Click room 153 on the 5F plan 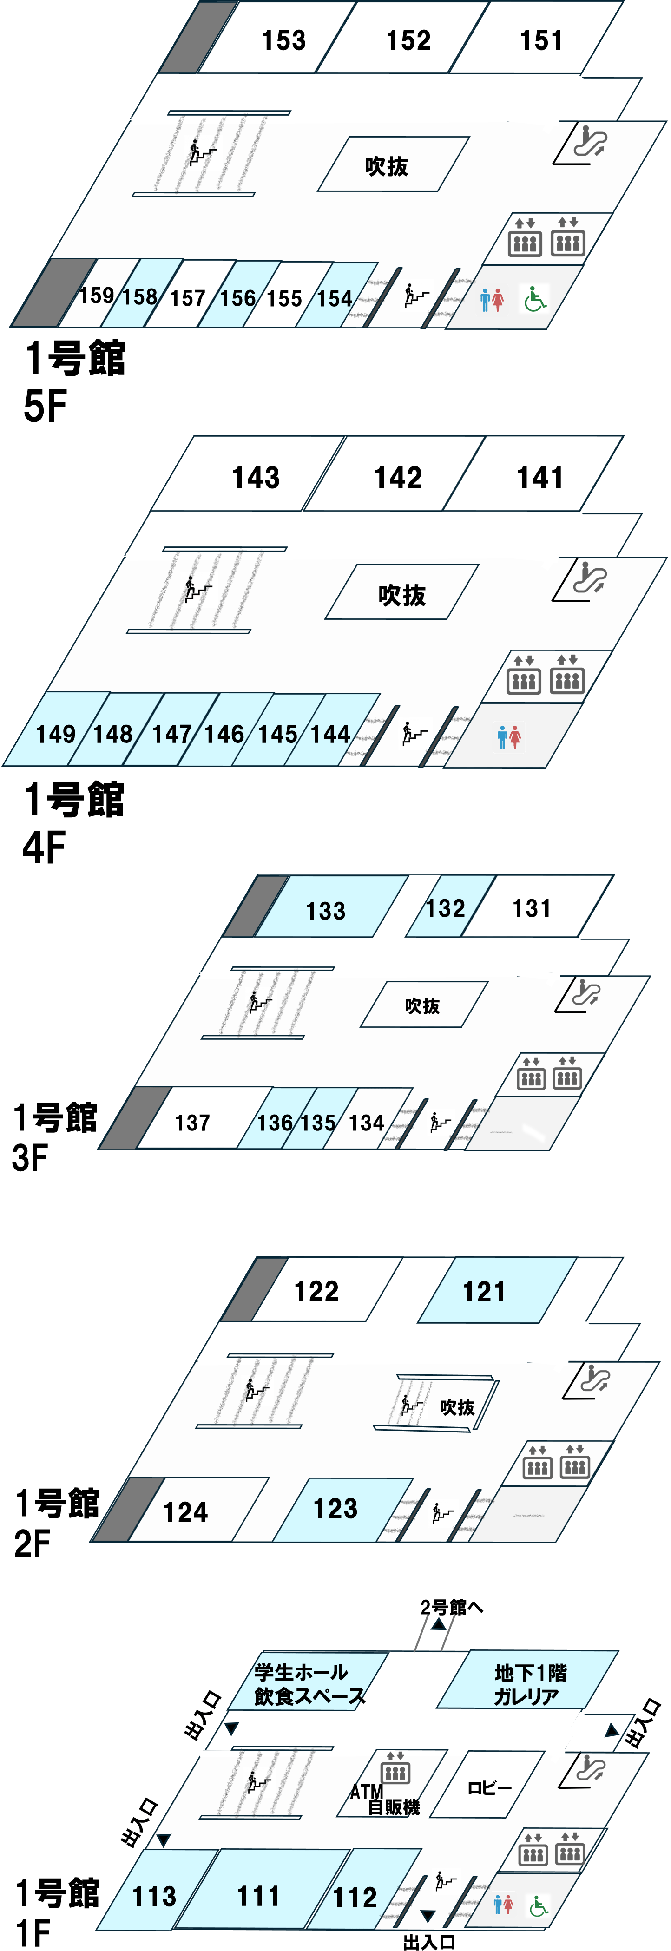tap(283, 40)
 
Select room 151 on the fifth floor tap(541, 40)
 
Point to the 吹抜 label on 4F tap(402, 595)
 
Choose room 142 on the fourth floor tap(398, 477)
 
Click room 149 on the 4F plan tap(55, 733)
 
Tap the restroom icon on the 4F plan tap(509, 736)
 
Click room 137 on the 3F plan tap(192, 1122)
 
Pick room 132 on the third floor tap(445, 907)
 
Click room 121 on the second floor tap(484, 1291)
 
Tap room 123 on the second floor tap(335, 1508)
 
